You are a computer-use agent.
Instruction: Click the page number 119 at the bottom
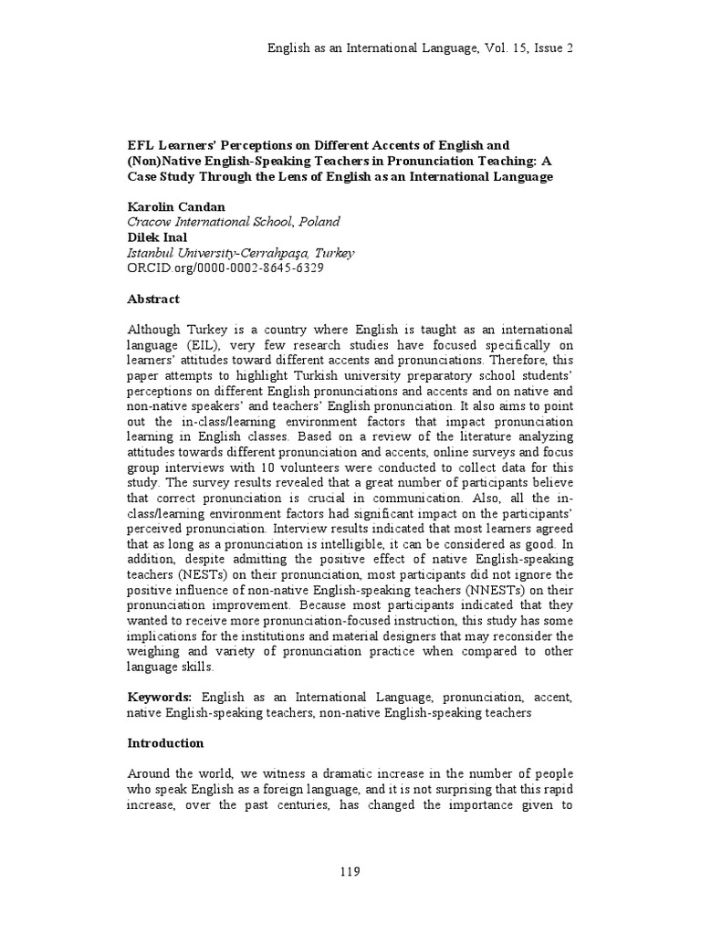pos(350,870)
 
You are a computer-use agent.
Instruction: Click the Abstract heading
pos(153,299)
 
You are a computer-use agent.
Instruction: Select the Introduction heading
pos(165,742)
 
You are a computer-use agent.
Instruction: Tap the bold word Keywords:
pos(160,697)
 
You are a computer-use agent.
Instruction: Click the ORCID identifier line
pos(225,268)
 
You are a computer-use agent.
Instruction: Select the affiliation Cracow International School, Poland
pos(234,221)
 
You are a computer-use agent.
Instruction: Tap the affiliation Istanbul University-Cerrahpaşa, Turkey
pos(241,252)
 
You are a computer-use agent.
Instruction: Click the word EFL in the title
pos(140,145)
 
